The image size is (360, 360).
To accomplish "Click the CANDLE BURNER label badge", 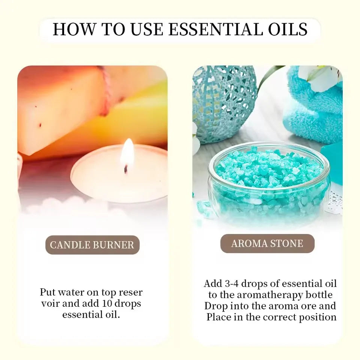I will (92, 245).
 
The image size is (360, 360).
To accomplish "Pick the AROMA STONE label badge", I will (267, 243).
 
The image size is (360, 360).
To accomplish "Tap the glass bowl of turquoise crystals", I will (269, 184).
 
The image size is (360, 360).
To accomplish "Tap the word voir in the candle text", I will (49, 303).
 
